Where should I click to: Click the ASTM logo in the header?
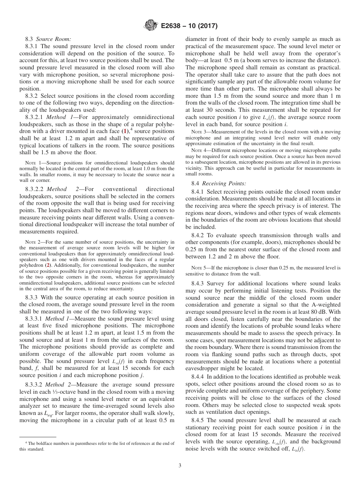(x=150, y=26)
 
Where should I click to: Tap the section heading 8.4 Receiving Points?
(x=219, y=183)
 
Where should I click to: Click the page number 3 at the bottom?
(x=180, y=466)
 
